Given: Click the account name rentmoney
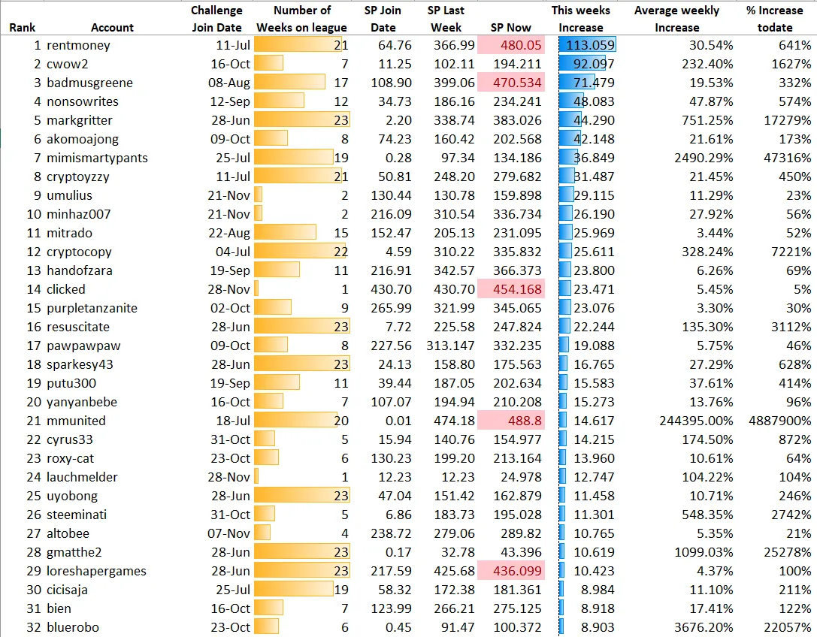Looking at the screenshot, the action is (x=78, y=45).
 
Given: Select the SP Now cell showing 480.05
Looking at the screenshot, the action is (x=510, y=45).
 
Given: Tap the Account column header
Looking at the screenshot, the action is (x=112, y=28).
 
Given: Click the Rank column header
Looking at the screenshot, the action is (x=23, y=28).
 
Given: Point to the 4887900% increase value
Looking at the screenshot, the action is (x=780, y=421).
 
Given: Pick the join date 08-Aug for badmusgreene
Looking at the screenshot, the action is (x=229, y=83).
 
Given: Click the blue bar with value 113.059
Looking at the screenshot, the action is (x=587, y=45).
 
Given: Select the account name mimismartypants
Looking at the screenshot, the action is (x=97, y=158).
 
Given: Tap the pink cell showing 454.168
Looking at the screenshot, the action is (x=510, y=289).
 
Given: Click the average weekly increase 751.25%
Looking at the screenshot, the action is (x=707, y=120).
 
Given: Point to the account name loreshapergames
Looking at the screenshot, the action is (x=96, y=571).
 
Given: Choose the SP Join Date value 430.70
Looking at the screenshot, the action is (x=392, y=289).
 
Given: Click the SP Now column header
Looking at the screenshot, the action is (x=510, y=28).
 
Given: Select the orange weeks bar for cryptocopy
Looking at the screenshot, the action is (x=300, y=252).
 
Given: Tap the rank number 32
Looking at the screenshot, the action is (x=34, y=627).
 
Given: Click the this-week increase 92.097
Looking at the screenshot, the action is (x=582, y=64).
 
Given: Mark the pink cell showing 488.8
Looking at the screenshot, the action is (x=510, y=421).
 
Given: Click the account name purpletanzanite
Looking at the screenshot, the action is (x=92, y=308).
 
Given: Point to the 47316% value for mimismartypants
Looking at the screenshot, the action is (x=787, y=158).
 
